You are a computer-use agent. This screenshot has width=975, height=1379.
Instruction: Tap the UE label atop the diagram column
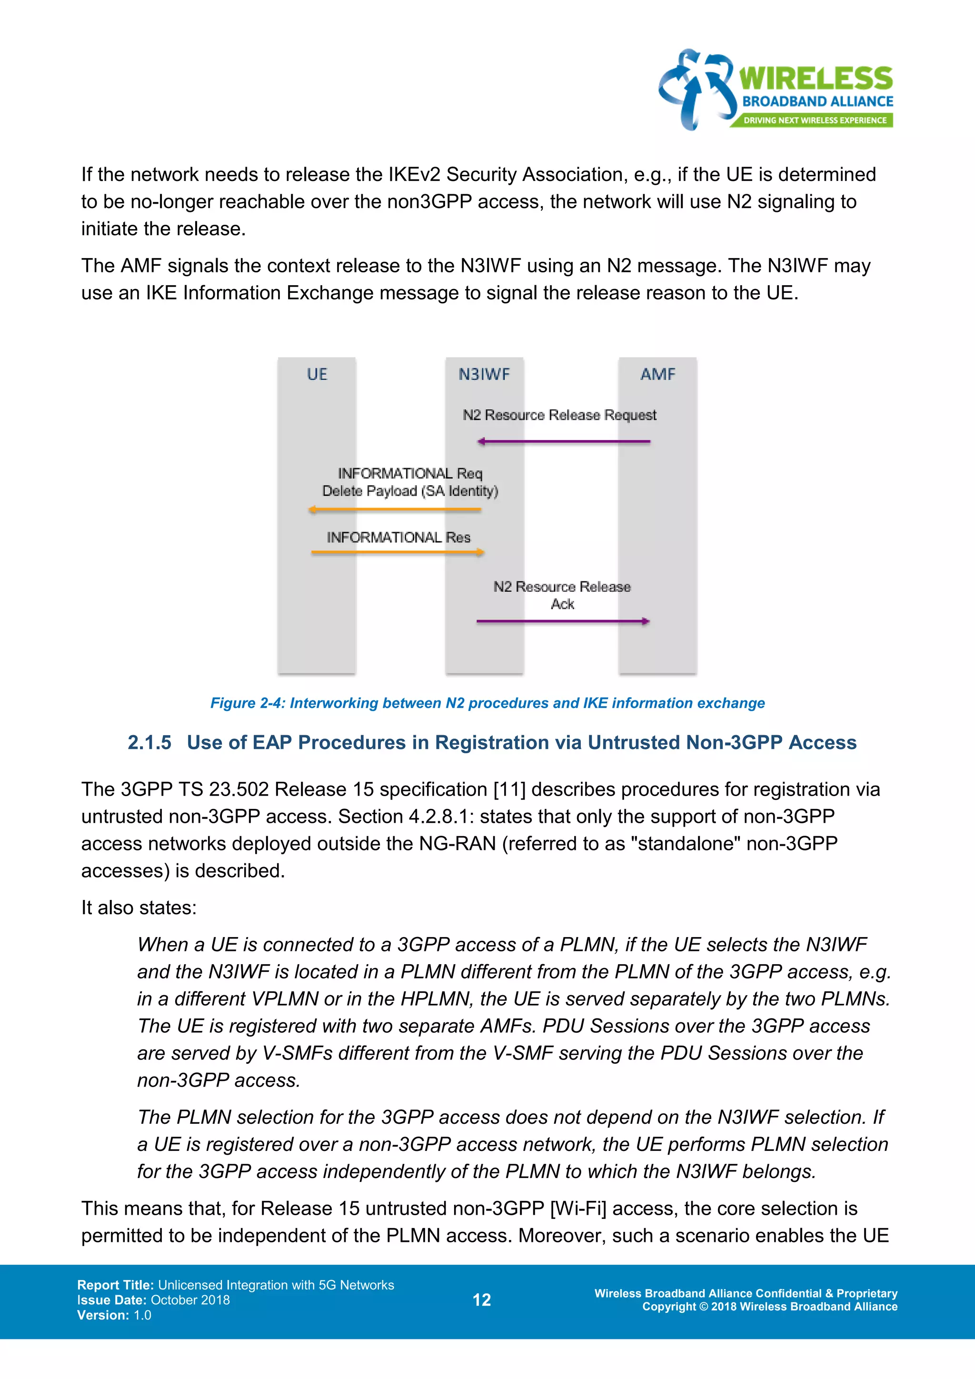tap(317, 374)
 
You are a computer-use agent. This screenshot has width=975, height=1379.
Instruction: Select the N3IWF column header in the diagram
tap(484, 374)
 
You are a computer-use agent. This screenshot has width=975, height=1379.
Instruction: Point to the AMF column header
tap(657, 374)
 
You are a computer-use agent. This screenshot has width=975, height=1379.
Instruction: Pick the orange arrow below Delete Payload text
tap(395, 510)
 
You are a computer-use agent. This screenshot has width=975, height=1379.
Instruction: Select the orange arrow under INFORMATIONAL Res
tap(398, 552)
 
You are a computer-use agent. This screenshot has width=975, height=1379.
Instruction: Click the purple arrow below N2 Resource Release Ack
tap(563, 621)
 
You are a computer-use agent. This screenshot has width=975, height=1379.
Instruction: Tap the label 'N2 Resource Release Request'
tap(559, 415)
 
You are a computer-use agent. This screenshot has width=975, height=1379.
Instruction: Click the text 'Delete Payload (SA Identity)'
tap(410, 491)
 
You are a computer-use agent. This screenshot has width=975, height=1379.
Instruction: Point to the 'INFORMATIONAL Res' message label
tap(398, 537)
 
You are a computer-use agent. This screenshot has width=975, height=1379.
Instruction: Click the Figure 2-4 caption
tap(487, 703)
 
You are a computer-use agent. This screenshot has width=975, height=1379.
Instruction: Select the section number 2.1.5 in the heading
tap(149, 742)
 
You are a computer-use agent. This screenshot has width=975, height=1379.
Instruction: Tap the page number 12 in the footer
tap(481, 1300)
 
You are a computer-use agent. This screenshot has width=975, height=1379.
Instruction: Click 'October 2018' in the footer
tap(190, 1300)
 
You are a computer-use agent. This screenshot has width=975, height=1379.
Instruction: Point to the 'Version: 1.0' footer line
tap(114, 1315)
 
